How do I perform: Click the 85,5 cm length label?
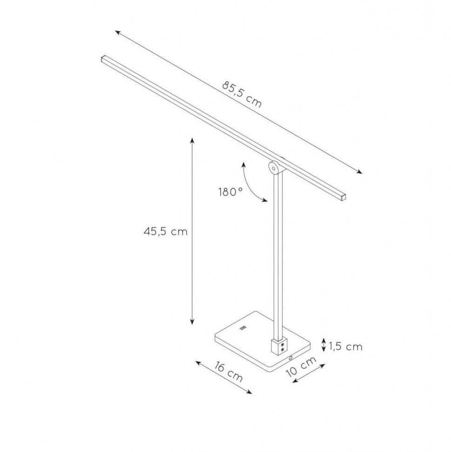[242, 94]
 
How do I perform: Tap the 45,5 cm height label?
[165, 232]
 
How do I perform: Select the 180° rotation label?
[230, 192]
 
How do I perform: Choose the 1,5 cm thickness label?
[346, 346]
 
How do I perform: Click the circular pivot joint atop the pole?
[273, 168]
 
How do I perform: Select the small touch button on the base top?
[243, 327]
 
